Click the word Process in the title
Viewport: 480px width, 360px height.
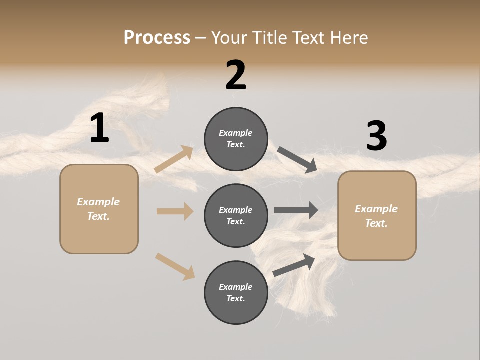click(157, 37)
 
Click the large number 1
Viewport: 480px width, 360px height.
click(99, 128)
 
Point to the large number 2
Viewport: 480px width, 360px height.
click(236, 75)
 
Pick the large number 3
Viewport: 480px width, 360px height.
click(376, 136)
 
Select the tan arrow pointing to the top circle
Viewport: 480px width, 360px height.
click(174, 159)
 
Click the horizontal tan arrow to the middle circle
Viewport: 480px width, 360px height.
click(175, 211)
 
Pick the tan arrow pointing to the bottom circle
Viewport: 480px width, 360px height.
click(175, 266)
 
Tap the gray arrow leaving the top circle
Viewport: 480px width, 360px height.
click(297, 160)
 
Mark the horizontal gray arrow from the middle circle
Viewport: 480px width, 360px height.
click(296, 210)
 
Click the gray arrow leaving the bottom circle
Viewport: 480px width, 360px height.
click(294, 265)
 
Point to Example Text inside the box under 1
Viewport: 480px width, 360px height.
click(98, 209)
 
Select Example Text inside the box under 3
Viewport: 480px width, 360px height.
click(376, 216)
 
